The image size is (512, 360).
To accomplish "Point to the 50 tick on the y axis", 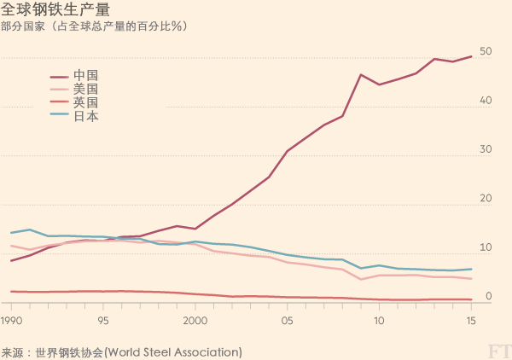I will point(486,52).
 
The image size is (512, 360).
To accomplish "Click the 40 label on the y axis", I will point(486,101).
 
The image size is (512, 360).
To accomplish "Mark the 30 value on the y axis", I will point(486,149).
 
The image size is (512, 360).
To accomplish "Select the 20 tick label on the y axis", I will point(486,199).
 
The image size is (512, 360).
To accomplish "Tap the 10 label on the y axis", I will point(486,247).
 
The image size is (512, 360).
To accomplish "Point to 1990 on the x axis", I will point(12,322).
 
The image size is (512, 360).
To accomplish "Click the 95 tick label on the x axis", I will point(103,322).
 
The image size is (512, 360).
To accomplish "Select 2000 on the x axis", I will point(195,322).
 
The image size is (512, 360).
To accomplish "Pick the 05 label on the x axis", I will point(288,322).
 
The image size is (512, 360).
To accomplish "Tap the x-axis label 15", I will point(471,322).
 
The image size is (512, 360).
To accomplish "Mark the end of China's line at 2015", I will point(472,57).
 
